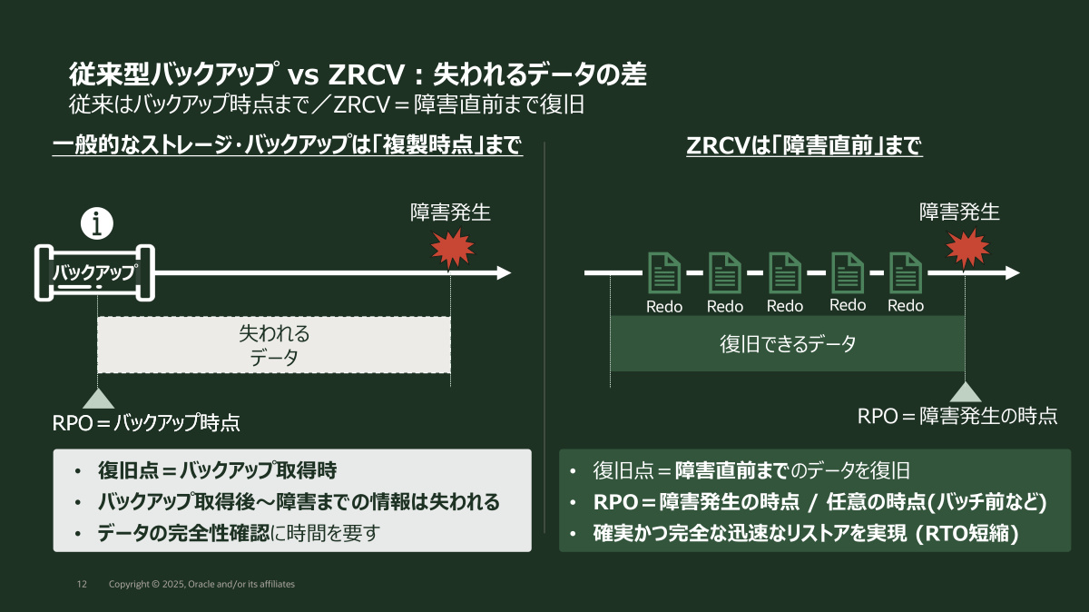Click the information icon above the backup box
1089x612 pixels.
coord(96,223)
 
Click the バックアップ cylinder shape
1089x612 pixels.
coord(94,272)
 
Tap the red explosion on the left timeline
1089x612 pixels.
coord(450,248)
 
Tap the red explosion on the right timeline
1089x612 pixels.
coord(966,248)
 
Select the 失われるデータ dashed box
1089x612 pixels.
coord(273,344)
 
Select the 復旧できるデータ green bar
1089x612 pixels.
coord(788,344)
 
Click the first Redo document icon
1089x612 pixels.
coord(664,272)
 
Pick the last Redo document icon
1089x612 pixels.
coord(906,272)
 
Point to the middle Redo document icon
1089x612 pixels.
coord(785,272)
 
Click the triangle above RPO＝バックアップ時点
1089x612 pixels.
coord(97,399)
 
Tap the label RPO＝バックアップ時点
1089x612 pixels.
coord(146,423)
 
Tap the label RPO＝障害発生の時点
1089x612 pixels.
coord(957,416)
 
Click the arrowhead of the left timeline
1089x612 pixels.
coord(503,273)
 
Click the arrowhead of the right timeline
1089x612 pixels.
coord(1012,273)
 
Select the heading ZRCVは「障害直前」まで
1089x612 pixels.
coord(804,146)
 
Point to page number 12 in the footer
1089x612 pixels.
coord(82,584)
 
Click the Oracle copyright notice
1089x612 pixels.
coord(201,584)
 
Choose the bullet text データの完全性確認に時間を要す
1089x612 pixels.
coord(238,533)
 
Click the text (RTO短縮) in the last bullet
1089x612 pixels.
coord(966,533)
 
